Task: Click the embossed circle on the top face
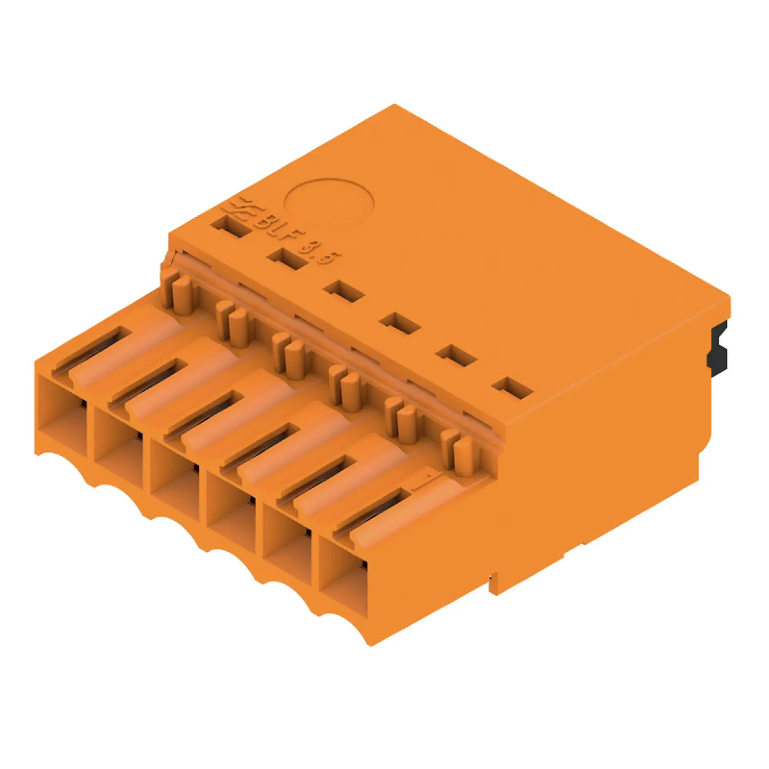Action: [329, 203]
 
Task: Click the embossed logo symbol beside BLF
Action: [244, 214]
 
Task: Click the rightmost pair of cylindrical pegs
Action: [457, 453]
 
